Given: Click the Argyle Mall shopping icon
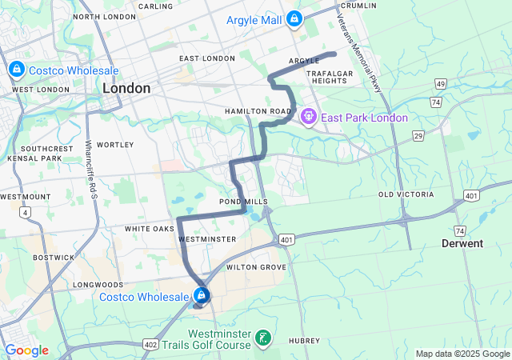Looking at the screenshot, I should pyautogui.click(x=294, y=18).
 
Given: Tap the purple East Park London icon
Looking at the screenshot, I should pyautogui.click(x=309, y=118).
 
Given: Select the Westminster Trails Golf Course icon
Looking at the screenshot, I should pyautogui.click(x=262, y=338).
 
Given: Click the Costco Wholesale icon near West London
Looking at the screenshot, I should pyautogui.click(x=15, y=70).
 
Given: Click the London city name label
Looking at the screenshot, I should pyautogui.click(x=126, y=89).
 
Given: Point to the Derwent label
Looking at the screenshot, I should pyautogui.click(x=462, y=243).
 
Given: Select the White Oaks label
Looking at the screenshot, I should pyautogui.click(x=149, y=229).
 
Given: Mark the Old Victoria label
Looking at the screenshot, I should pyautogui.click(x=406, y=194).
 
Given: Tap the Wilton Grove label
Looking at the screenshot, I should pyautogui.click(x=256, y=267).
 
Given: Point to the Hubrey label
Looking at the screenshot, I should pyautogui.click(x=304, y=341).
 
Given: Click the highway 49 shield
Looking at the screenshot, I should pyautogui.click(x=440, y=84).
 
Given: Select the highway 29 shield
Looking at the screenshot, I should pyautogui.click(x=418, y=137).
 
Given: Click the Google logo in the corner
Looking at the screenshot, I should pyautogui.click(x=26, y=350).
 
